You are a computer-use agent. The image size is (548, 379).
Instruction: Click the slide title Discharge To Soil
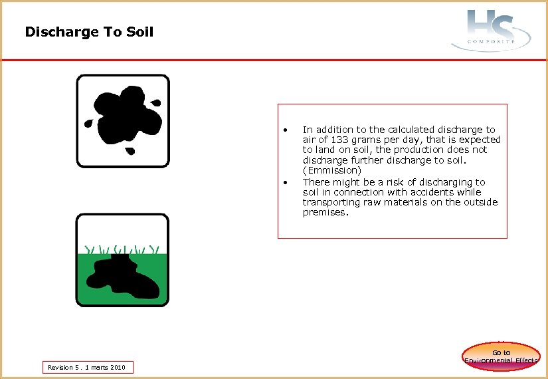(89, 32)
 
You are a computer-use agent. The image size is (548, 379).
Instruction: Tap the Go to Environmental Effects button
(502, 356)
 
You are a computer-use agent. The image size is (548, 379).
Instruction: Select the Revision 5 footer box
(87, 367)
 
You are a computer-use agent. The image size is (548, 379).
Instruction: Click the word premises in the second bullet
(324, 212)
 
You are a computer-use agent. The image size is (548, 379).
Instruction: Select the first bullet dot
(284, 130)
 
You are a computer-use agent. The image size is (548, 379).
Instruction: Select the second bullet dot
(284, 182)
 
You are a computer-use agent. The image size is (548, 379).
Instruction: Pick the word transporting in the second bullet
(329, 202)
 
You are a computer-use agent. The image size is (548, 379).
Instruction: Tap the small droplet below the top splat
(131, 151)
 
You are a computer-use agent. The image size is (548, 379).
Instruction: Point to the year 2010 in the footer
(118, 367)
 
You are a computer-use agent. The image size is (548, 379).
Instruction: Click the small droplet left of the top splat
(88, 123)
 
